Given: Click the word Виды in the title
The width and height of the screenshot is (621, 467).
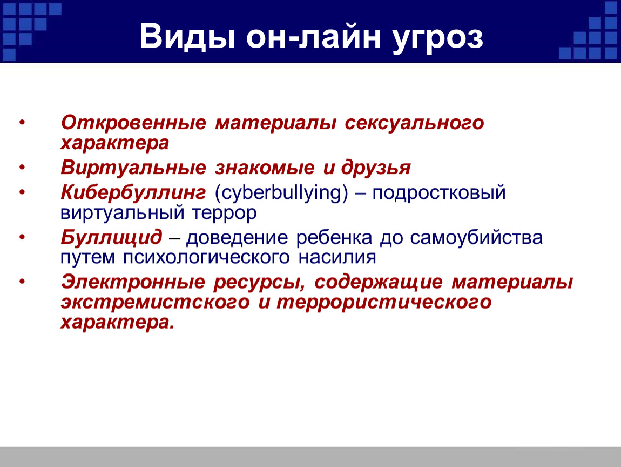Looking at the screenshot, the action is [187, 37].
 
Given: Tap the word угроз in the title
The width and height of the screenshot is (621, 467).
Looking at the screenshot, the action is [438, 39].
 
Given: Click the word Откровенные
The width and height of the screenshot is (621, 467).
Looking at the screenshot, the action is [133, 123].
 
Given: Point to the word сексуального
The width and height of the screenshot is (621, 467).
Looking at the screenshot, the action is [414, 123].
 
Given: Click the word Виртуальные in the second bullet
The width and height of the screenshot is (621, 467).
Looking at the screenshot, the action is [133, 168].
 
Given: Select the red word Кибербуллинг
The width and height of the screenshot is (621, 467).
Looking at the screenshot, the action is [133, 192].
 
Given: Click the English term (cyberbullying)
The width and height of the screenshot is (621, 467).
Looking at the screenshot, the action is [281, 193].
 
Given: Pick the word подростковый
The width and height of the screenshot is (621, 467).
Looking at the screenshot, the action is [439, 194].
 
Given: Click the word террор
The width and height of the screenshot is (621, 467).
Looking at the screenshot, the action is [225, 214].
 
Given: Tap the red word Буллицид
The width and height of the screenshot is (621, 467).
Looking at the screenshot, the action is [111, 237].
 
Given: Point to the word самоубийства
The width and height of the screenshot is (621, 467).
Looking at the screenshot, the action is [476, 238].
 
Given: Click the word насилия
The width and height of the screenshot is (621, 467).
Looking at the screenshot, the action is [337, 257].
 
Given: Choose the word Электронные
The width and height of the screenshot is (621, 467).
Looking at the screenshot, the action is [133, 282].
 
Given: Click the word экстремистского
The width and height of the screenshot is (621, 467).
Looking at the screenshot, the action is [156, 303].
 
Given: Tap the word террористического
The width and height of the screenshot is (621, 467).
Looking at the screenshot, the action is [384, 303].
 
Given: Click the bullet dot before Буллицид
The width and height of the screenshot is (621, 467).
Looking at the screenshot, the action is [22, 237].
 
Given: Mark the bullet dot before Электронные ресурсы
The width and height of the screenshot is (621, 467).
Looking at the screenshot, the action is [22, 282].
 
